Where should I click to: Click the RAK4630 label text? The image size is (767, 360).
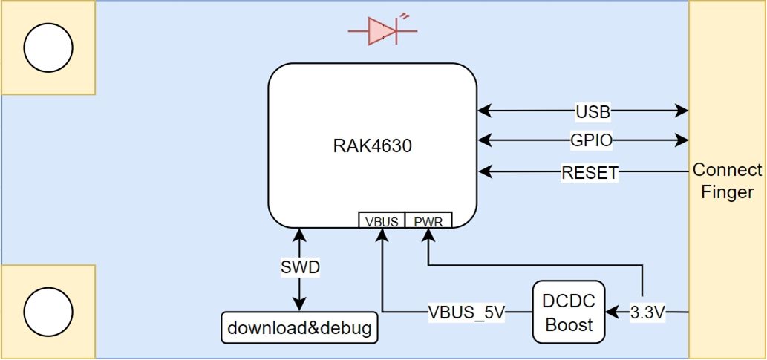tap(372, 146)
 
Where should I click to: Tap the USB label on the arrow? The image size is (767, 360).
tap(593, 112)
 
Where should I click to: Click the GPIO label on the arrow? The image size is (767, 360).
tap(593, 140)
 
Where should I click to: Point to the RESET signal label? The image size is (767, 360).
tap(590, 174)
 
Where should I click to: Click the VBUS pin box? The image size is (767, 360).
tap(382, 220)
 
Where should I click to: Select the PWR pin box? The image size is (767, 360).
tap(428, 220)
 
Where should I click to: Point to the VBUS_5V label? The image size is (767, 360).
tap(466, 312)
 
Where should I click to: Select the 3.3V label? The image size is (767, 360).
tap(647, 312)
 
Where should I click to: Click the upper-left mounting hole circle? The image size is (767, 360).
tap(48, 48)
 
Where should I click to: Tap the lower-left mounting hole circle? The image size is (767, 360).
tap(48, 312)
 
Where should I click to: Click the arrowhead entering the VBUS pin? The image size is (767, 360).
tap(382, 235)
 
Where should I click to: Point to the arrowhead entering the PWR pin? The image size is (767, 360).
tap(428, 235)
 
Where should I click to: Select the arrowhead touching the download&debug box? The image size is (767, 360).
tap(299, 305)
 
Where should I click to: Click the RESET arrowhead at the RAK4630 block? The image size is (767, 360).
tap(484, 173)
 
